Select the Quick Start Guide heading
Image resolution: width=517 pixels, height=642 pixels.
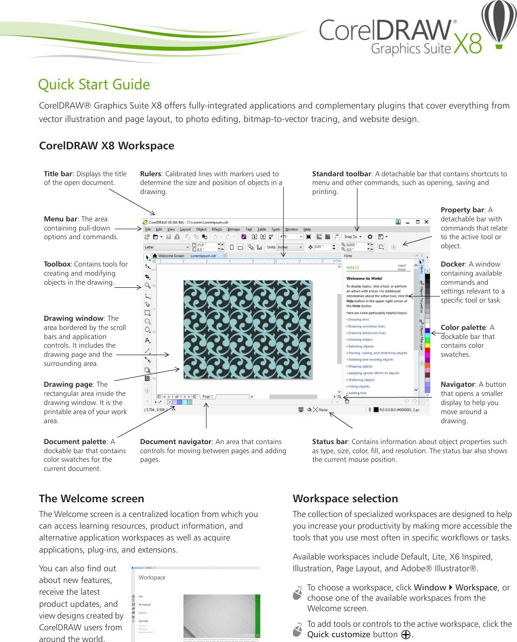pos(94,84)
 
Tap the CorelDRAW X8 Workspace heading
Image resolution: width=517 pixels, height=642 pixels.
pos(107,146)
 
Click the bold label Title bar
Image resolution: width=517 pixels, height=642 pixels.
pos(58,174)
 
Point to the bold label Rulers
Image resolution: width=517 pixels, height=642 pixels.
pos(151,174)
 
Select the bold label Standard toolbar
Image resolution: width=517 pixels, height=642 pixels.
pos(342,174)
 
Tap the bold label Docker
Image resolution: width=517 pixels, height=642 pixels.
pos(453,264)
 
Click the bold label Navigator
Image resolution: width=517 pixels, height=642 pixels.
pos(458,384)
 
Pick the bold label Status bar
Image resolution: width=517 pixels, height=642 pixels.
pos(330,441)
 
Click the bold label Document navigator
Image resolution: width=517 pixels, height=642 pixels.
pos(176,441)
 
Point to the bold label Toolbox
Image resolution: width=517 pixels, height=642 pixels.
pos(57,264)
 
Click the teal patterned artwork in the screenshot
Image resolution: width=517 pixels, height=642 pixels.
pos(247,329)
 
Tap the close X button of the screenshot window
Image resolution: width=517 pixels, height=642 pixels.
pos(426,222)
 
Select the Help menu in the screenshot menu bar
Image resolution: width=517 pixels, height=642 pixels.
pos(307,229)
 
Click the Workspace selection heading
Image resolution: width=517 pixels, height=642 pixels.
pos(345,498)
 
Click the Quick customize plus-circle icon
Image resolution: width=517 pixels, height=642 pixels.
pos(406,635)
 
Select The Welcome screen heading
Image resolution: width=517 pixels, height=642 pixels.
pos(92,498)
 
